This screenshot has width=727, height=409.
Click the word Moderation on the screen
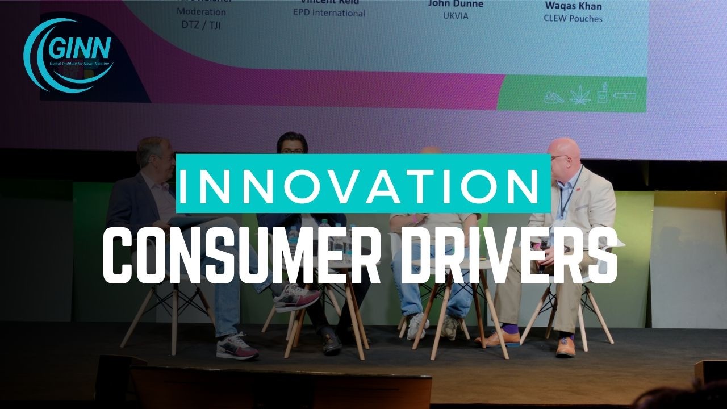coord(201,11)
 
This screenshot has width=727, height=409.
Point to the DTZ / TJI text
coord(201,24)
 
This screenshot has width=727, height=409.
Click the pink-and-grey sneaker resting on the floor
coord(237,346)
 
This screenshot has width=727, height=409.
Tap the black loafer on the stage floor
coord(332,343)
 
